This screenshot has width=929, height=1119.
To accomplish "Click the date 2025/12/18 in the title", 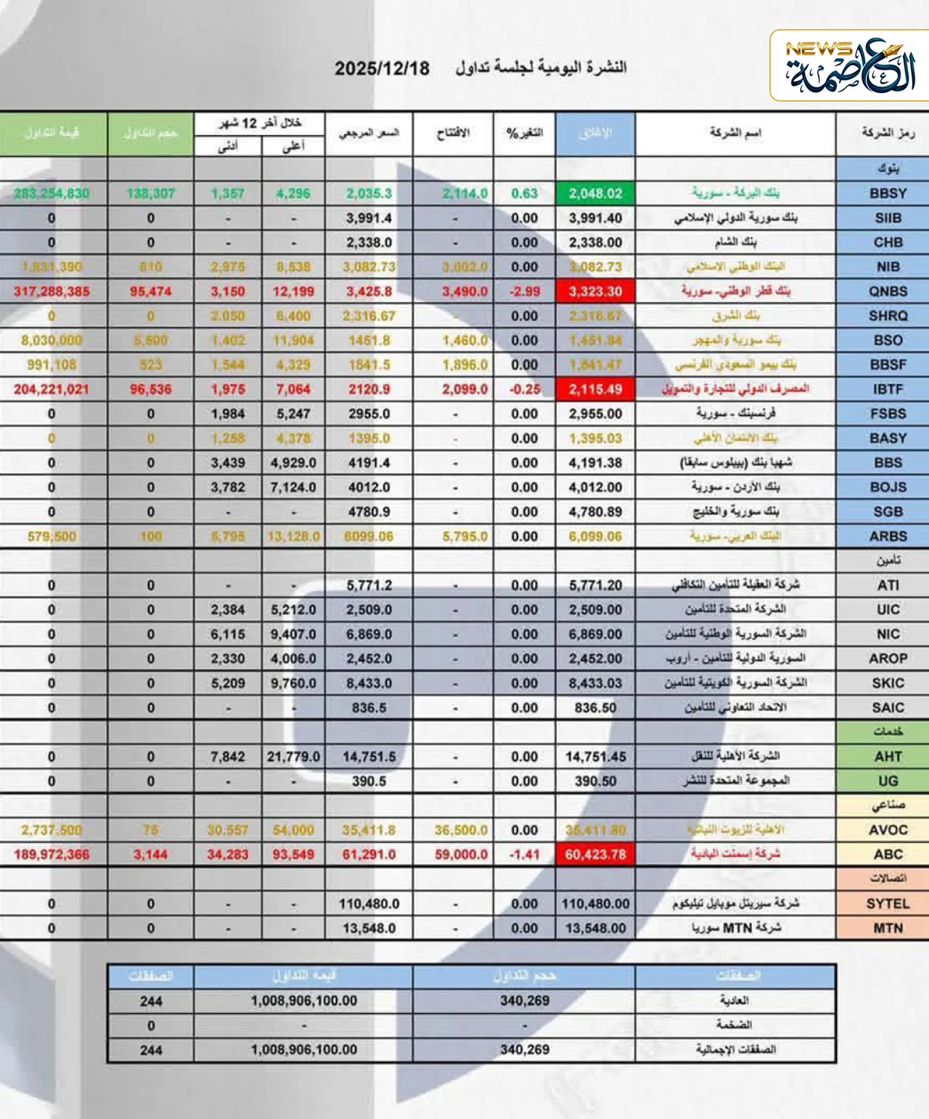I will coord(382,68).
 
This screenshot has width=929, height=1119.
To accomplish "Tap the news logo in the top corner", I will coord(849,66).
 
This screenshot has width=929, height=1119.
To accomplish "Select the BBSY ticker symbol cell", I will coord(888,193).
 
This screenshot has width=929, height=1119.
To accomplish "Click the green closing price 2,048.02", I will coord(595,193).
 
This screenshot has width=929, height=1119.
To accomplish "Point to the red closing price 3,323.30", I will coord(595,291).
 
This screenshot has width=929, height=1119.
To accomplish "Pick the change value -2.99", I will coord(524,291).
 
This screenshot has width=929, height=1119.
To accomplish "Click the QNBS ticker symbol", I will coord(888,291).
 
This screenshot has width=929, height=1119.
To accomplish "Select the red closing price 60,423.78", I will coord(595,854).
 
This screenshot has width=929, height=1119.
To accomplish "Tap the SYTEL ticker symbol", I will coord(888,903).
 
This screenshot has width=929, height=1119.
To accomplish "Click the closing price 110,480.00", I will coord(595,903).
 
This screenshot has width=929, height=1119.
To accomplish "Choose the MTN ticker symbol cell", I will coord(888,928).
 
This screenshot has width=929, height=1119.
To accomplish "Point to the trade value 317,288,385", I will coord(52,291).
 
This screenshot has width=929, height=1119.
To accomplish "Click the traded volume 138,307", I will coord(150,193).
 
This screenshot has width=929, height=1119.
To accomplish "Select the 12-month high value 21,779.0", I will coord(293,757).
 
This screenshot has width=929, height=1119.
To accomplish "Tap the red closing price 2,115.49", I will coord(595,389).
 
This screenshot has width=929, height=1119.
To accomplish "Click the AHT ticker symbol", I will coord(888,757).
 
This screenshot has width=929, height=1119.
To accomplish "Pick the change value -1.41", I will coord(524,854).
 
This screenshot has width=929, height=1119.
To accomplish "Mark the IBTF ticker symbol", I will coord(888,389).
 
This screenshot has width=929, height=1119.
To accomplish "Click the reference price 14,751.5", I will coord(369,757).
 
